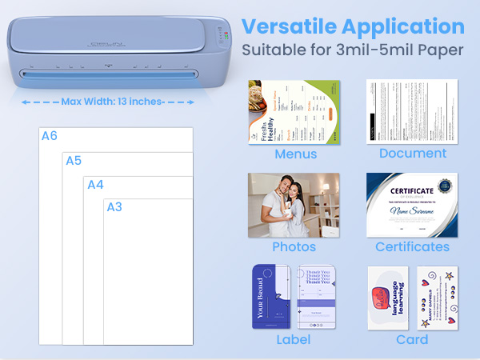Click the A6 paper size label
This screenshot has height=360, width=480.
point(50,136)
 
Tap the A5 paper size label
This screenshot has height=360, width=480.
point(74,161)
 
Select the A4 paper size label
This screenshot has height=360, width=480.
point(95,185)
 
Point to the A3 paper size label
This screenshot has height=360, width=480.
point(114,207)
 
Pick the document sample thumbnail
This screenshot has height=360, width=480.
point(412,111)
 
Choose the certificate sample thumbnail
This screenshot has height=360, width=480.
point(412,204)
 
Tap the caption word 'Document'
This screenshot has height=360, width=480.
point(413,154)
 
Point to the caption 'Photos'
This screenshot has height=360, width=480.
point(294,246)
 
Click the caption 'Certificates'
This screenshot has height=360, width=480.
point(413,246)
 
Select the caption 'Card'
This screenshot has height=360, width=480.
point(412,339)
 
